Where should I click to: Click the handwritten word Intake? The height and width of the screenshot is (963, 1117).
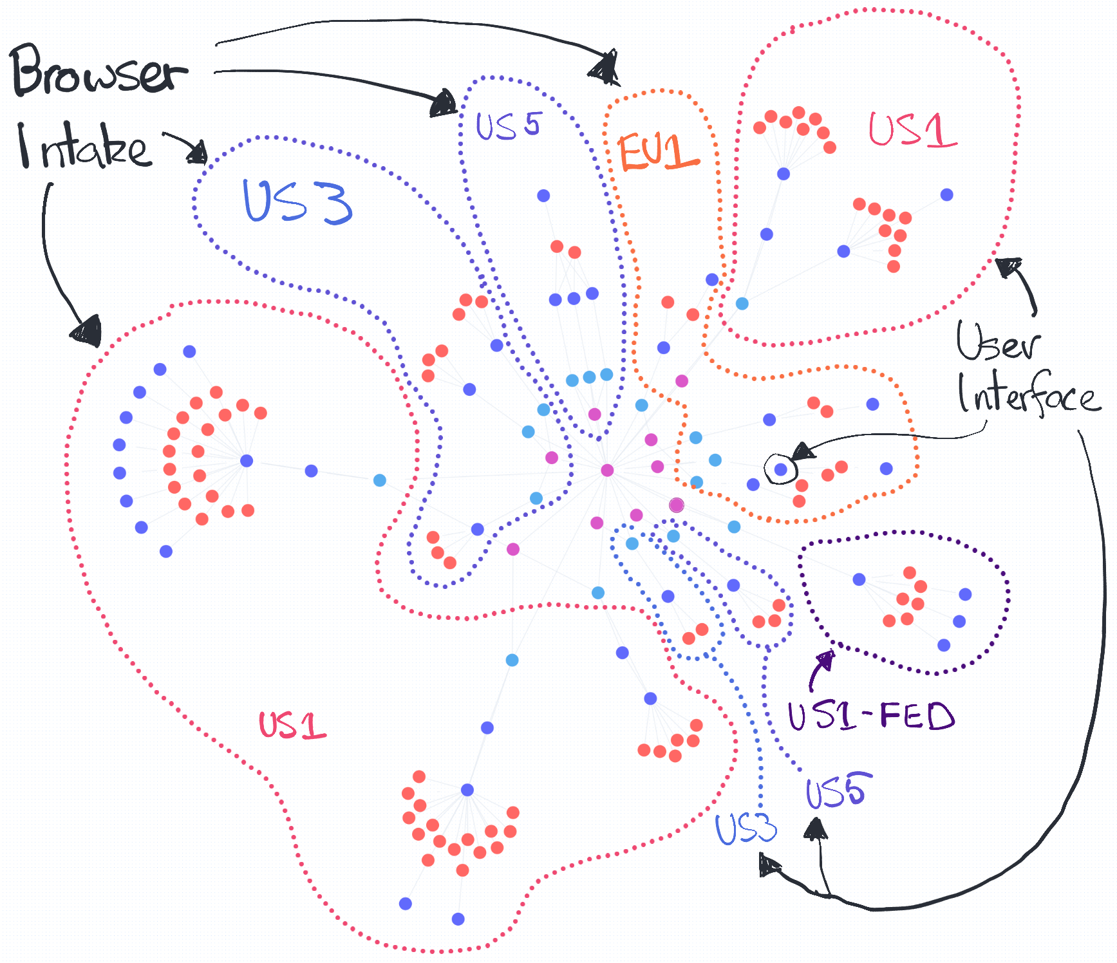tap(84, 147)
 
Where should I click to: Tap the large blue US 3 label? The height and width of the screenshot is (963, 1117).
tap(297, 202)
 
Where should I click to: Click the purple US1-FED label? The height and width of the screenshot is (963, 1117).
tap(870, 716)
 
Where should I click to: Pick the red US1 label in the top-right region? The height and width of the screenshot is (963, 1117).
tap(912, 131)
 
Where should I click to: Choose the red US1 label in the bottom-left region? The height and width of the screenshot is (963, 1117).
tap(292, 725)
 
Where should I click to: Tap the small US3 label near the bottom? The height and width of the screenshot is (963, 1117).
tap(746, 828)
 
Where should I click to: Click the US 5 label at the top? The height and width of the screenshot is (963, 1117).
tap(509, 125)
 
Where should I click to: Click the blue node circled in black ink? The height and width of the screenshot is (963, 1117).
tap(781, 469)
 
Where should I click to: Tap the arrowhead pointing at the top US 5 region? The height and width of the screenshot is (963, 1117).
tap(444, 103)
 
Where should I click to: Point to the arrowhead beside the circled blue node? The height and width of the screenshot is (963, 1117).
tap(802, 451)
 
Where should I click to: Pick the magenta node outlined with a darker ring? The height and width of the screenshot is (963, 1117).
tap(676, 505)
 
